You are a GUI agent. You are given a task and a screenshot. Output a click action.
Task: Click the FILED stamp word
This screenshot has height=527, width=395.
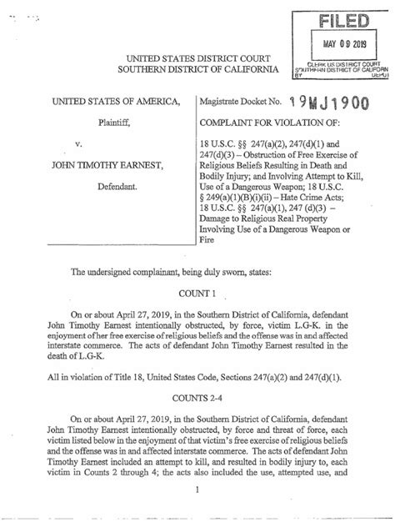(340, 18)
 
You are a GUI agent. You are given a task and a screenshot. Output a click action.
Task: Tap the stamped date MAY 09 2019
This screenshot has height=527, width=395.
(341, 43)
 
